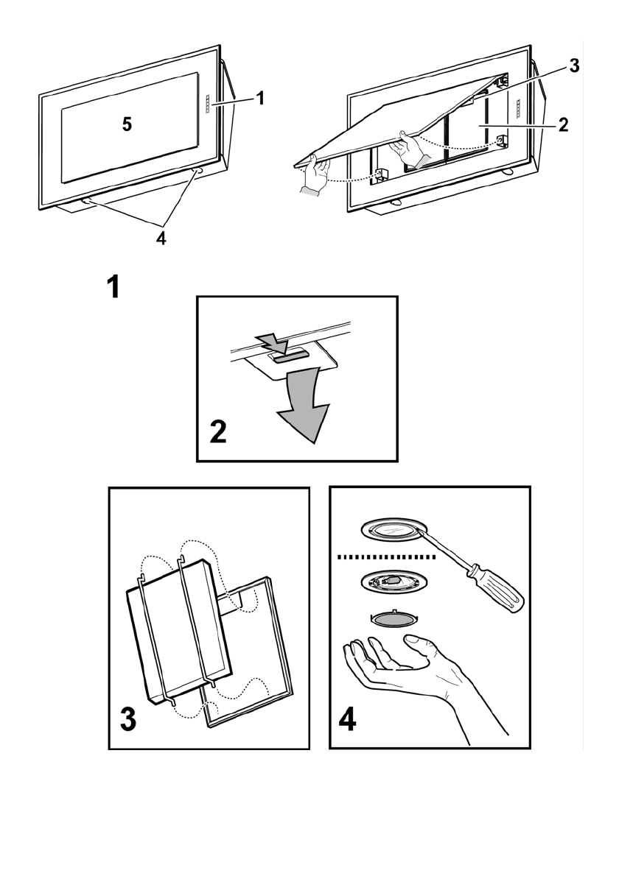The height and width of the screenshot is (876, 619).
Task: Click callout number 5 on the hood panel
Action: click(x=127, y=124)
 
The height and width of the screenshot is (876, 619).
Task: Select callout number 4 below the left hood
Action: click(x=161, y=239)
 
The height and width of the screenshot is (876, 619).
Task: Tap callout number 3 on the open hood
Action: click(x=574, y=66)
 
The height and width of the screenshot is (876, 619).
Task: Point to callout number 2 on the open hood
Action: click(x=563, y=124)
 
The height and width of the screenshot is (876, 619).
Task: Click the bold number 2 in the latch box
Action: click(x=218, y=432)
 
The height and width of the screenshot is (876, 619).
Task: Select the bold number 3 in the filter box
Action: click(x=127, y=719)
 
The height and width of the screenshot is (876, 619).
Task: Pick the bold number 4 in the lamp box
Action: click(x=347, y=719)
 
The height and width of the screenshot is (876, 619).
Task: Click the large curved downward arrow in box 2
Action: click(x=304, y=409)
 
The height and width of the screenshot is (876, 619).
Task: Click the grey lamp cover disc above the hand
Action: click(x=393, y=619)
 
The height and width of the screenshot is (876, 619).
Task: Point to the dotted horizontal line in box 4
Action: click(x=387, y=557)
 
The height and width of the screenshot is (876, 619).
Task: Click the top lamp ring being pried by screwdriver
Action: click(x=393, y=531)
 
